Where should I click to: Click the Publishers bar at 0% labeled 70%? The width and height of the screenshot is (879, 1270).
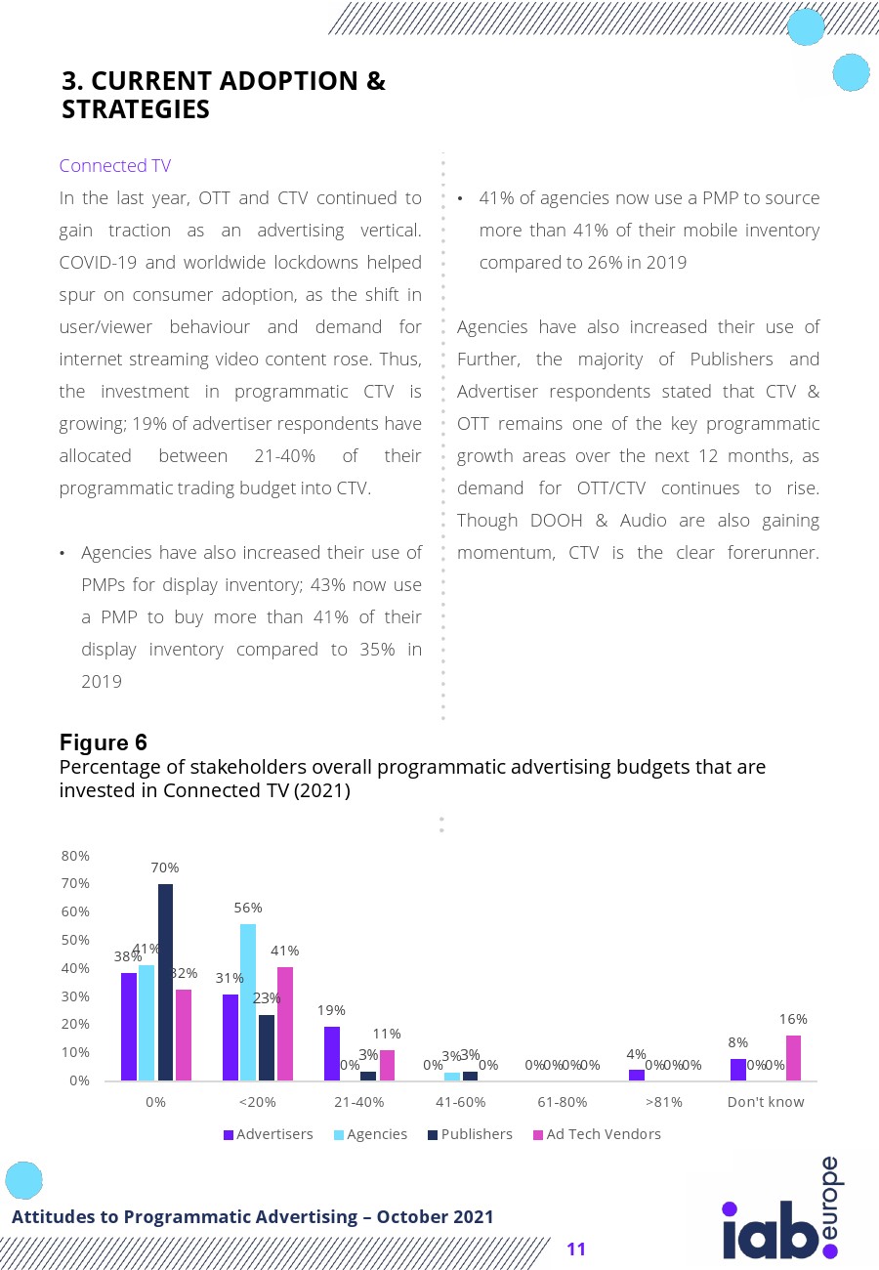tap(165, 982)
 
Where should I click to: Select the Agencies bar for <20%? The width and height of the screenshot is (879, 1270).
tap(248, 1001)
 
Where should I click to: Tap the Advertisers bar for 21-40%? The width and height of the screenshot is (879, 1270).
tap(332, 1053)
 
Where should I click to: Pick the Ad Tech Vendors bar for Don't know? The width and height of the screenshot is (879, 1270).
tap(793, 1058)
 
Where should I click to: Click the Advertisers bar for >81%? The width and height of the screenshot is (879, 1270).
tap(636, 1075)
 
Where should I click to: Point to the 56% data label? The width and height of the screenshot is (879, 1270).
tap(248, 908)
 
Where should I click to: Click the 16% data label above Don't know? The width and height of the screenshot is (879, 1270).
tap(793, 1019)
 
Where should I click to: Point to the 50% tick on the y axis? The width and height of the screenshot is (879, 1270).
tap(75, 940)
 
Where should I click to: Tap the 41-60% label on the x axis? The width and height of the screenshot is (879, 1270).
tap(460, 1102)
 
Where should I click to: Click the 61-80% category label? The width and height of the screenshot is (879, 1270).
tap(562, 1102)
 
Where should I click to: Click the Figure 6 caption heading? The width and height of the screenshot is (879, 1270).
tap(104, 742)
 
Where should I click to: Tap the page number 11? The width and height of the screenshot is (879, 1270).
tap(575, 1249)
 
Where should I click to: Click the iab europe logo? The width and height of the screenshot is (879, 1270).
tap(781, 1211)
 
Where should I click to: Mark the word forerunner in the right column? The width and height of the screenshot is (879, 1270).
tap(771, 552)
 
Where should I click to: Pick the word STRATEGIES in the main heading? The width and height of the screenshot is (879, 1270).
tap(136, 110)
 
